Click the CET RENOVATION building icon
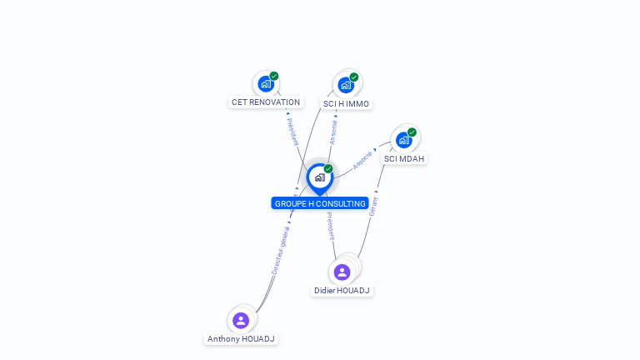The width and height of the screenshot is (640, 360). (266, 83)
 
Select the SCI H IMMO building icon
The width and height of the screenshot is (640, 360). (346, 85)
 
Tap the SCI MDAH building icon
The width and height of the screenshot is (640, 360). (404, 140)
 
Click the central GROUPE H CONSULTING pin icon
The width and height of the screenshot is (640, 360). (319, 177)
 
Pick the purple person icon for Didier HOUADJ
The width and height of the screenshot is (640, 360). (342, 272)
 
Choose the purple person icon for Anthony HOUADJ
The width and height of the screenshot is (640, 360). (241, 320)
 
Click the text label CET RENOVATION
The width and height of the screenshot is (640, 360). (266, 102)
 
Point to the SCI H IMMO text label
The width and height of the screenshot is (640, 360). (346, 104)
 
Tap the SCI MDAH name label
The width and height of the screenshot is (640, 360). (404, 158)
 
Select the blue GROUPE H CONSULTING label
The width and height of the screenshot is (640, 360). (320, 203)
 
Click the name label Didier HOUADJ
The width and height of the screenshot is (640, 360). (342, 290)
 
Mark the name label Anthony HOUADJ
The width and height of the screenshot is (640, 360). (241, 339)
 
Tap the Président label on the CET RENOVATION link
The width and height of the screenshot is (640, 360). (292, 131)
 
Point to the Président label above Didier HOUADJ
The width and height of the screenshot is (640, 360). (331, 226)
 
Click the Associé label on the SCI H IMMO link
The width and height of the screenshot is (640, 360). (333, 131)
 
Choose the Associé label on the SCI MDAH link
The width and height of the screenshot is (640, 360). (362, 160)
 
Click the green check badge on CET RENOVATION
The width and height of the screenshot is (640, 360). (274, 76)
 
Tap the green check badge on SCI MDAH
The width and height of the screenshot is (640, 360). (412, 132)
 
